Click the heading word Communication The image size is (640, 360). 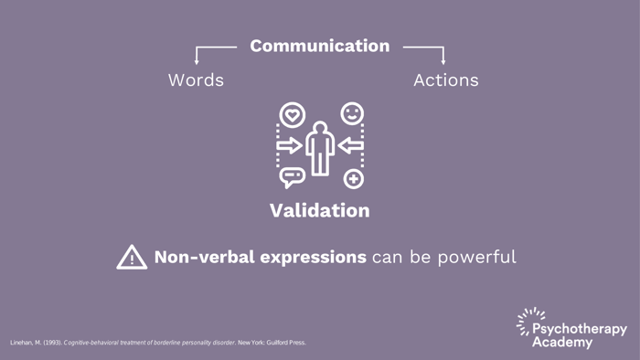click(319, 46)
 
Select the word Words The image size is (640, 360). click(196, 80)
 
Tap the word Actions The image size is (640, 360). click(445, 80)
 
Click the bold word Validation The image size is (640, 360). click(319, 210)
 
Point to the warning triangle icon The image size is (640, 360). click(132, 258)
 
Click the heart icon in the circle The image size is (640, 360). click(292, 115)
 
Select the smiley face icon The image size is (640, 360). click(352, 113)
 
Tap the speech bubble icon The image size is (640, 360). click(292, 177)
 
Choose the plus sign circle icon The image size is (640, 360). click(353, 179)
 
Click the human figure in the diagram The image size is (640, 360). click(320, 147)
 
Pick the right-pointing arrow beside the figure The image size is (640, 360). click(290, 145)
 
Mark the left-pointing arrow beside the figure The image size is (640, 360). click(350, 145)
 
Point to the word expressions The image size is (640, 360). click(307, 258)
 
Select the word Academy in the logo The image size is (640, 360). click(562, 343)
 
